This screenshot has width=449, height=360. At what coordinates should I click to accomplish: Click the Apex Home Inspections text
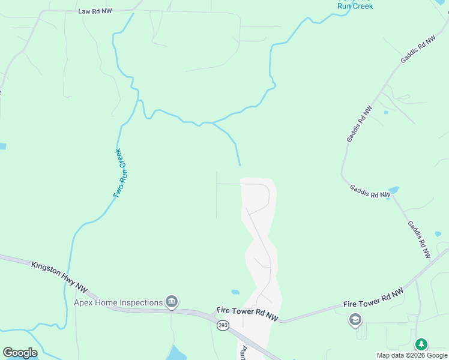[x=118, y=302]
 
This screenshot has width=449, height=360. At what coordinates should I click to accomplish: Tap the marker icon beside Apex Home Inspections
[x=172, y=301]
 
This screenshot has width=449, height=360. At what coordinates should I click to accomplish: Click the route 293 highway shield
[x=223, y=325]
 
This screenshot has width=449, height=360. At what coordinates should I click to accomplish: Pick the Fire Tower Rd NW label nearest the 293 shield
[x=248, y=314]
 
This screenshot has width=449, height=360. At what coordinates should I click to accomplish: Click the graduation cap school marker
[x=355, y=320]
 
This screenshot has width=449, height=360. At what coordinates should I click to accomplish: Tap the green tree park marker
[x=422, y=344]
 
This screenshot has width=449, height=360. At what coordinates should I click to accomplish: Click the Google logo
[x=20, y=352]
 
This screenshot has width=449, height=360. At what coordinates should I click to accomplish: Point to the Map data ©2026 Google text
[x=411, y=355]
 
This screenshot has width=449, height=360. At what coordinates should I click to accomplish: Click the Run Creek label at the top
[x=355, y=6]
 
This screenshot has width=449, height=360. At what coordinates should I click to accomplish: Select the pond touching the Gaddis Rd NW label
[x=394, y=190]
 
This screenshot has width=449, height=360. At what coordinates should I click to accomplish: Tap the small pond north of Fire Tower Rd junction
[x=235, y=292]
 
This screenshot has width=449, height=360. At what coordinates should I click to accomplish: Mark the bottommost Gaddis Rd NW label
[x=419, y=239]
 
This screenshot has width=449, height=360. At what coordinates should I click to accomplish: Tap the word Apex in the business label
[x=83, y=302]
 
